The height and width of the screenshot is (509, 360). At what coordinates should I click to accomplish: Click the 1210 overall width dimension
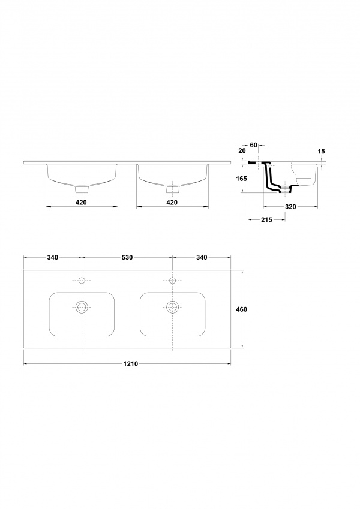[131, 363]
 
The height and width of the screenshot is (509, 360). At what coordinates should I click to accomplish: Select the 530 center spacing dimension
[127, 257]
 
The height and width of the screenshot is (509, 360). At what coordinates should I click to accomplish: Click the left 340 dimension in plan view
[53, 257]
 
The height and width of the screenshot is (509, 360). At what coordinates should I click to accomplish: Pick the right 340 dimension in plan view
[202, 257]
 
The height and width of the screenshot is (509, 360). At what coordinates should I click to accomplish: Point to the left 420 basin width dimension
[81, 203]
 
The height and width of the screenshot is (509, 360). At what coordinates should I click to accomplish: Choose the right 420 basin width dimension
[172, 203]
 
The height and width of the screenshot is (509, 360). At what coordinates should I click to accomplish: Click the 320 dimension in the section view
[290, 206]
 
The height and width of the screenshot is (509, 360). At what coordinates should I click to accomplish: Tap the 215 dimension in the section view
[266, 220]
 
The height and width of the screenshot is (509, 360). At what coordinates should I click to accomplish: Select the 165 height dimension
[242, 179]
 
